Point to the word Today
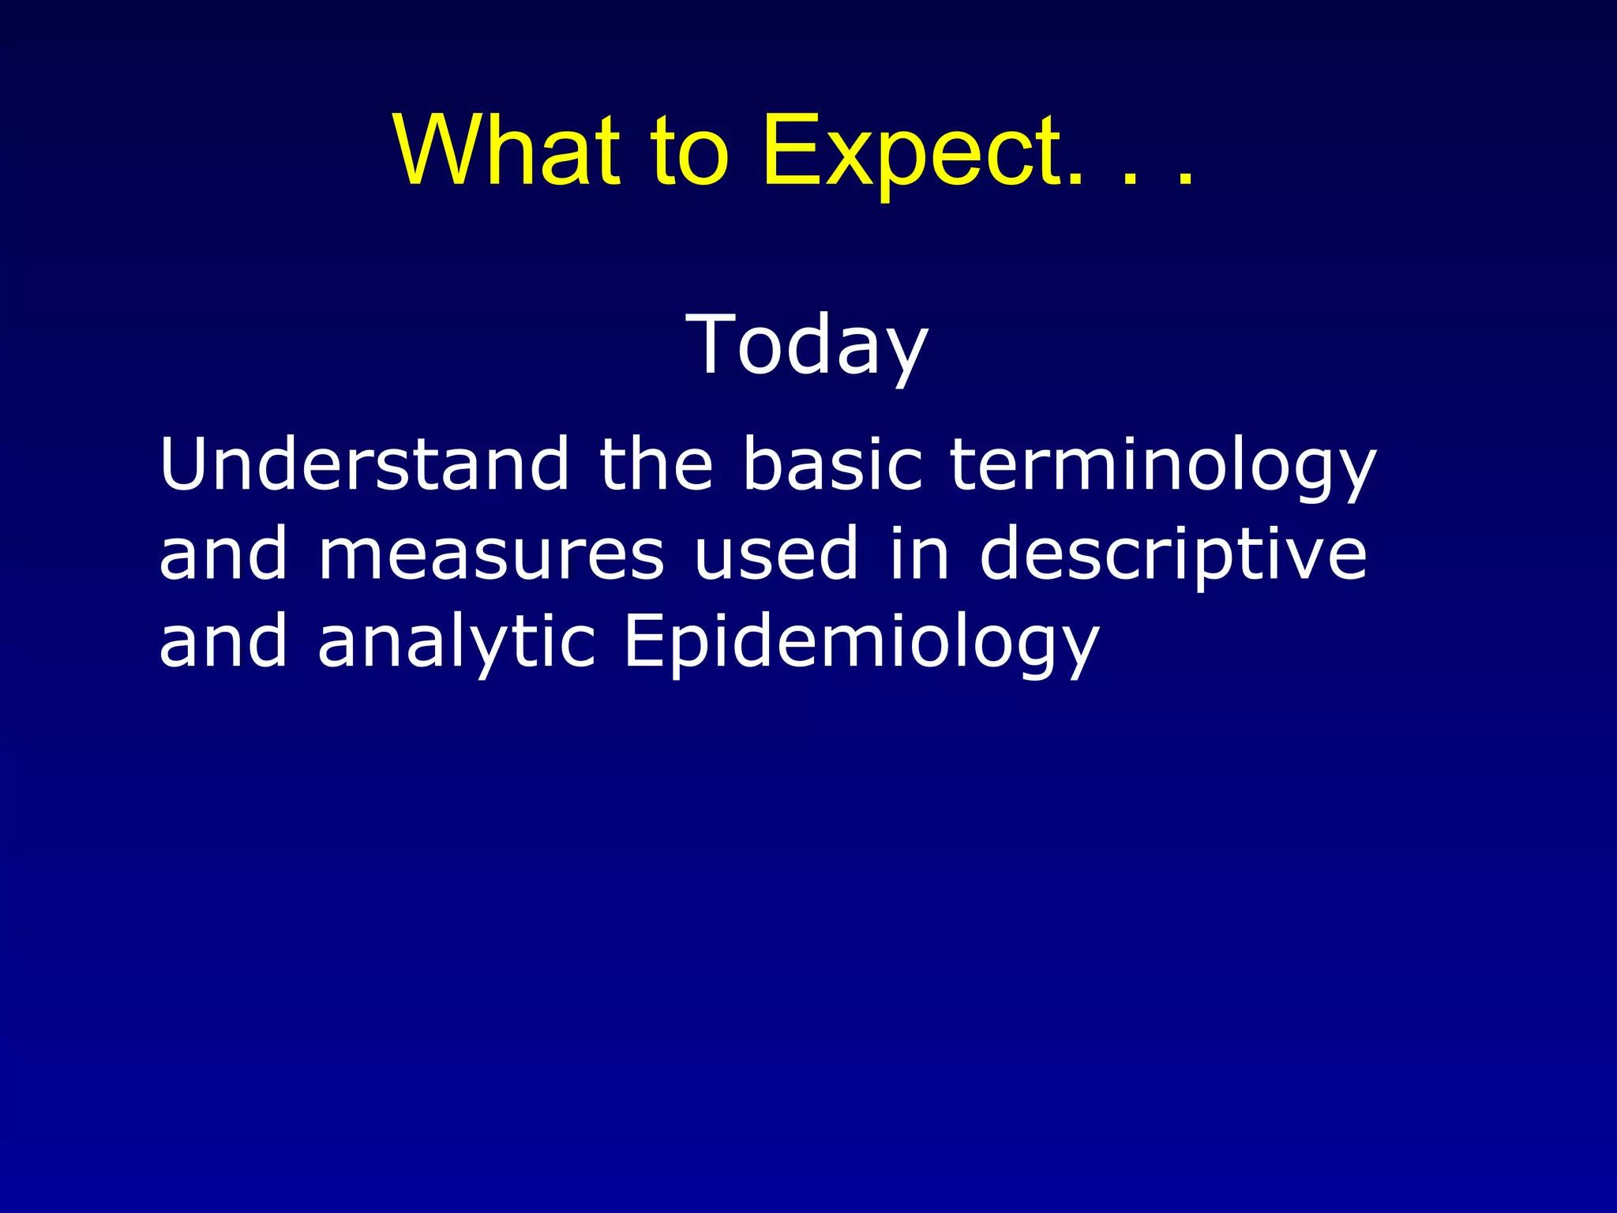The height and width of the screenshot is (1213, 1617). (807, 346)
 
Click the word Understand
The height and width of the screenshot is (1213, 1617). (364, 464)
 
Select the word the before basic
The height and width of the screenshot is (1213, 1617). (656, 464)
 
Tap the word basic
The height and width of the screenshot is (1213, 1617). (832, 464)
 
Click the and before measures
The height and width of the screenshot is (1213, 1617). (223, 554)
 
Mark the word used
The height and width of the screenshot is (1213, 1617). (775, 554)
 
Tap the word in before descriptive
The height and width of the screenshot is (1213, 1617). (918, 554)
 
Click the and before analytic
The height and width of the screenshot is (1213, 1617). (223, 641)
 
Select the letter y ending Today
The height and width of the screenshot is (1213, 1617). (904, 354)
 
